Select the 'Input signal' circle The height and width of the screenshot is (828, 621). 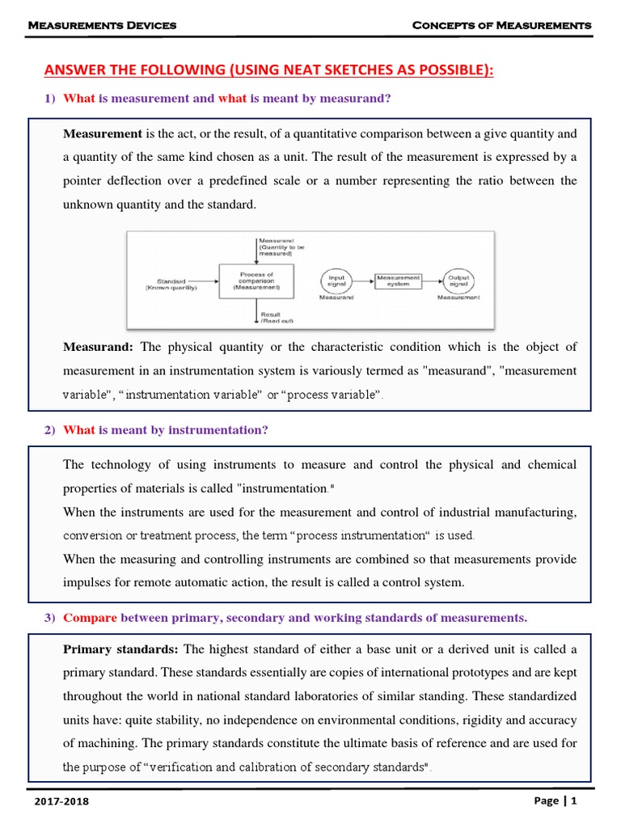coord(338,280)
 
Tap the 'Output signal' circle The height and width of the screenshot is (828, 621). coord(458,280)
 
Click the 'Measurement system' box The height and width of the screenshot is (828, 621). coord(398,280)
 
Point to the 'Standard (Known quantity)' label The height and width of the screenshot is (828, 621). coord(171,284)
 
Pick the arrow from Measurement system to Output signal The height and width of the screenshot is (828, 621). coord(432,280)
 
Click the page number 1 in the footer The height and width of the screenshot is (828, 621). coord(573,801)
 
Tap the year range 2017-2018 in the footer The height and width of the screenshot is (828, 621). coord(62,801)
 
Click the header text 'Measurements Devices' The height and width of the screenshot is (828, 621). coord(102,26)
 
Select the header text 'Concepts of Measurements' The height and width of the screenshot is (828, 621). coord(501,26)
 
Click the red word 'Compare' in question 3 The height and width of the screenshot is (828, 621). coord(90,618)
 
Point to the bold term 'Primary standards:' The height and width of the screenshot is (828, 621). coord(121,649)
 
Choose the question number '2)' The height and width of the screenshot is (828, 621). coord(49,430)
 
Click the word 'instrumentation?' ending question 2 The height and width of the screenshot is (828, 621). coord(218,430)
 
